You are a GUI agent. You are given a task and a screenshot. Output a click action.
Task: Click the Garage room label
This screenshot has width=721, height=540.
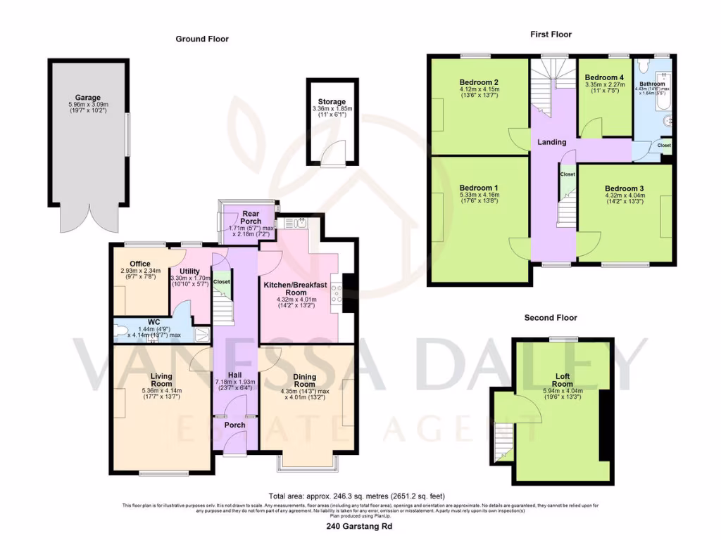click(88, 98)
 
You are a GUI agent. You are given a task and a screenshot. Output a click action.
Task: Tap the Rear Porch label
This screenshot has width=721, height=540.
click(251, 217)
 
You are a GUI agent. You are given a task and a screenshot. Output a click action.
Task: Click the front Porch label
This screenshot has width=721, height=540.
click(235, 425)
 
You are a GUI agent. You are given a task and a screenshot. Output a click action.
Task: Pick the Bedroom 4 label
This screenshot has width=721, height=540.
click(604, 77)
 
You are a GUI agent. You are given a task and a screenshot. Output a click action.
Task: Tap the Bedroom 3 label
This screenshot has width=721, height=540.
click(624, 188)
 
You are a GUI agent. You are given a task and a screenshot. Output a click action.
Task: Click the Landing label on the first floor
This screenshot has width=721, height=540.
click(551, 142)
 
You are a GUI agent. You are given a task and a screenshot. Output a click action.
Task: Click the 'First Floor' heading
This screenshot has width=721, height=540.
click(551, 34)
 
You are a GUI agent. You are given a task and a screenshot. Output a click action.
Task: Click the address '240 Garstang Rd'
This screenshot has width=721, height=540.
click(360, 526)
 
